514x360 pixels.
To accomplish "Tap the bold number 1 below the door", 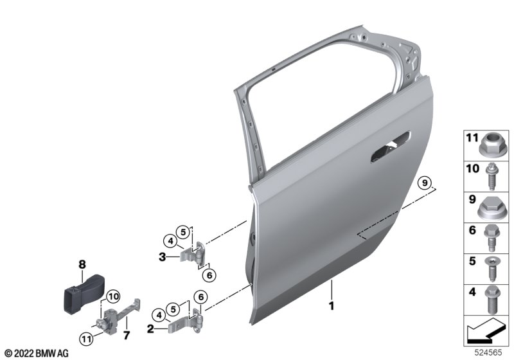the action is pos(332,305).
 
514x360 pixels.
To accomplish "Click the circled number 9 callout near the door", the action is pos(425,183).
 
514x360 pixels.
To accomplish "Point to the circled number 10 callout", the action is pos(113,297).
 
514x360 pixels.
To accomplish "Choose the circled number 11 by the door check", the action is pos(86,338).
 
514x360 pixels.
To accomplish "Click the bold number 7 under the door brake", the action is pos(127,335).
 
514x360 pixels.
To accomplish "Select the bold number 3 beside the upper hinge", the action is pos(163,256).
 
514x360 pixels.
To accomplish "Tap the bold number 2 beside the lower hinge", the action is pos(150,328).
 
